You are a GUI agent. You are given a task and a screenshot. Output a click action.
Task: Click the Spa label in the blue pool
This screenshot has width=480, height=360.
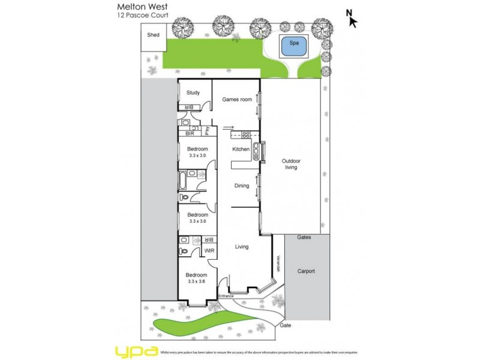(x=294, y=44)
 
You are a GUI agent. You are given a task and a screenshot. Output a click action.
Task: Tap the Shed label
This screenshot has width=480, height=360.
(x=154, y=35)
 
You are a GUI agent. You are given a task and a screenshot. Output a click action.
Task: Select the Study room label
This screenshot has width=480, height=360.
(x=193, y=93)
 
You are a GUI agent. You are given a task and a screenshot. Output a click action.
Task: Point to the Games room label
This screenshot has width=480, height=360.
(x=237, y=100)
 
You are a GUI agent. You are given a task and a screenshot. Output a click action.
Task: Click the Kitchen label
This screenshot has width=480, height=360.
(x=241, y=149)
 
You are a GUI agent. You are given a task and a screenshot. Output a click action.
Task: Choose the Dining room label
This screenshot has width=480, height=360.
(x=241, y=186)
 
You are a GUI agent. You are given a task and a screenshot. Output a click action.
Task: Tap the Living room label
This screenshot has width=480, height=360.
(x=241, y=247)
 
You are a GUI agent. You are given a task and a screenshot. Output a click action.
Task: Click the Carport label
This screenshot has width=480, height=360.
(x=306, y=271)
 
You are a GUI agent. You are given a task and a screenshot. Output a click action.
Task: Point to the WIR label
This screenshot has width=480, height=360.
(x=209, y=251)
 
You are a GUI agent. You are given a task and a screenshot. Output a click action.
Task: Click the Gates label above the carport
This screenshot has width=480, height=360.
(x=304, y=238)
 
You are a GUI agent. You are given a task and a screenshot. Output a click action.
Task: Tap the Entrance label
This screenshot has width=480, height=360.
(x=226, y=296)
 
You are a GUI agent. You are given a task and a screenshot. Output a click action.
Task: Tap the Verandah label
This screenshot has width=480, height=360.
(x=278, y=264)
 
